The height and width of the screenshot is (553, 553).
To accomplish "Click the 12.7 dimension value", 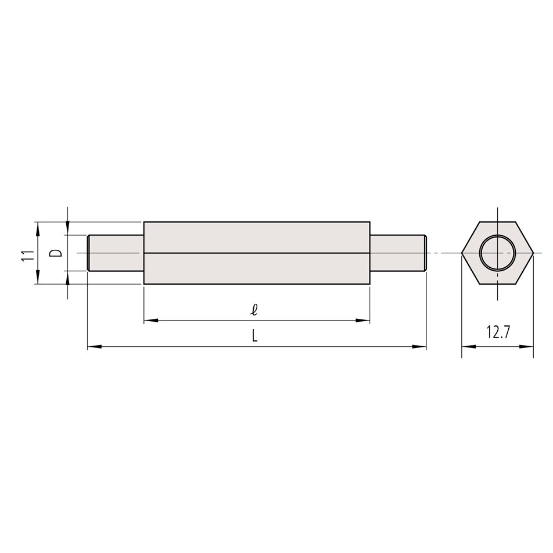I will click(x=498, y=333).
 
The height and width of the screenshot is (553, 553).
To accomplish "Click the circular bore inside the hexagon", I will click(x=497, y=253).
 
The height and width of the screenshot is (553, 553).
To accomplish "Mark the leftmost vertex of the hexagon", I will click(x=462, y=253).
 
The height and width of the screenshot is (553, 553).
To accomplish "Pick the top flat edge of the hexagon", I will click(x=497, y=222).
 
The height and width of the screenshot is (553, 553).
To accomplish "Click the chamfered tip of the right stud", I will click(x=425, y=253).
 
